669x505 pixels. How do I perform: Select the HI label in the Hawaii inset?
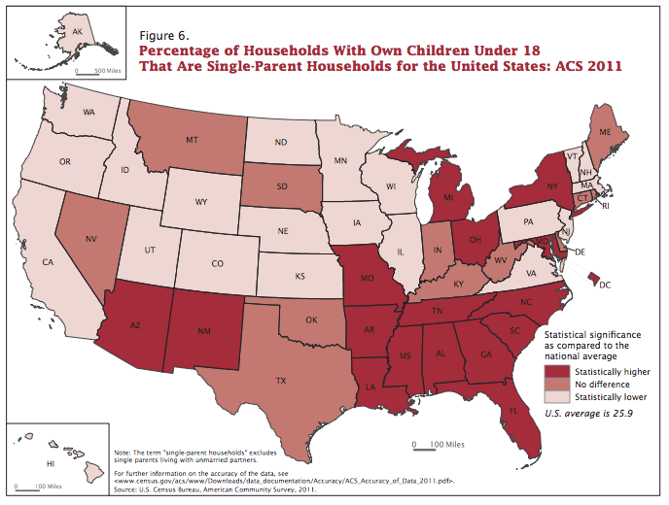pyautogui.click(x=50, y=465)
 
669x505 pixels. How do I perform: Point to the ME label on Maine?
pyautogui.click(x=604, y=131)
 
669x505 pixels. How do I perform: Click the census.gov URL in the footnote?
pyautogui.click(x=284, y=481)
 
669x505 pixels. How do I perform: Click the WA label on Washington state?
pyautogui.click(x=88, y=113)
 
